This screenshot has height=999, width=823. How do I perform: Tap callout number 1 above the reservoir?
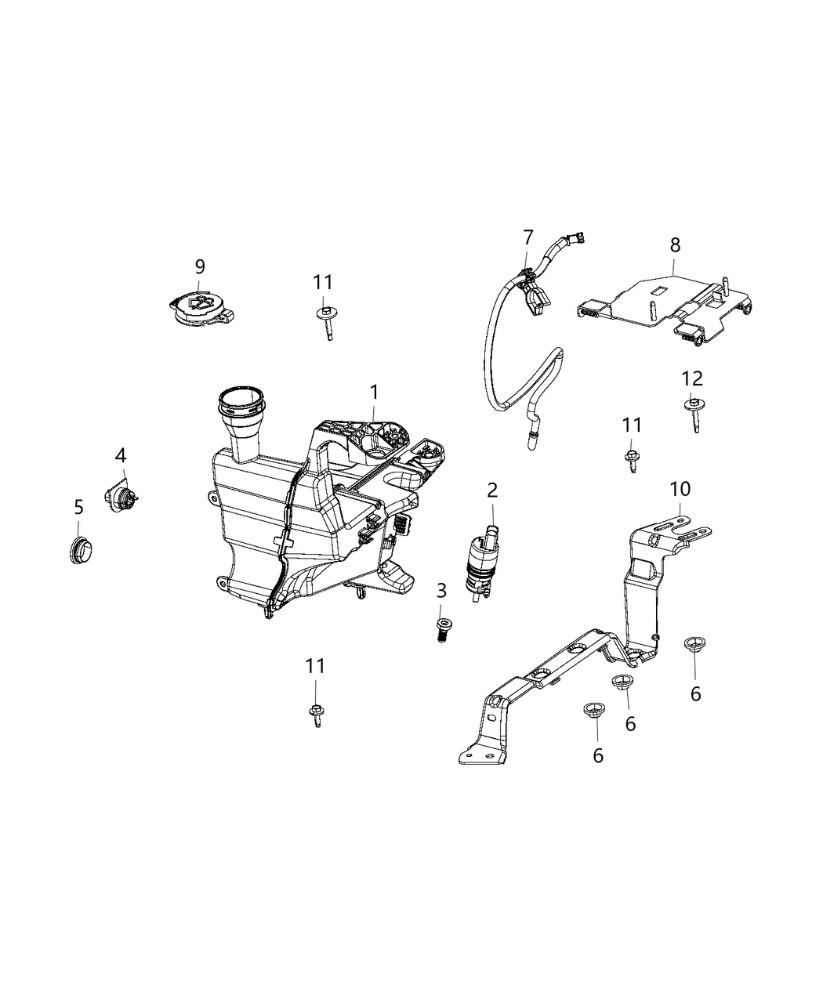point(374,390)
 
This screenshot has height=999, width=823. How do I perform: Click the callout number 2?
point(492,490)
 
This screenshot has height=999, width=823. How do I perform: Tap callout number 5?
point(78,507)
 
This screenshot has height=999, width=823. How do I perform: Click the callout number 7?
point(528,236)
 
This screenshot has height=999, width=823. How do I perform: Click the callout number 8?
point(675,244)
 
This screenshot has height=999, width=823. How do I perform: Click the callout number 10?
point(680,489)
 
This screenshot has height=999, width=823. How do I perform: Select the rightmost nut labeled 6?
point(691,646)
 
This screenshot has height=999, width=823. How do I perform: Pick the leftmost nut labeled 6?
point(594,711)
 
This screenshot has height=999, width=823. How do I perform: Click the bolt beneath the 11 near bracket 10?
point(631,459)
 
